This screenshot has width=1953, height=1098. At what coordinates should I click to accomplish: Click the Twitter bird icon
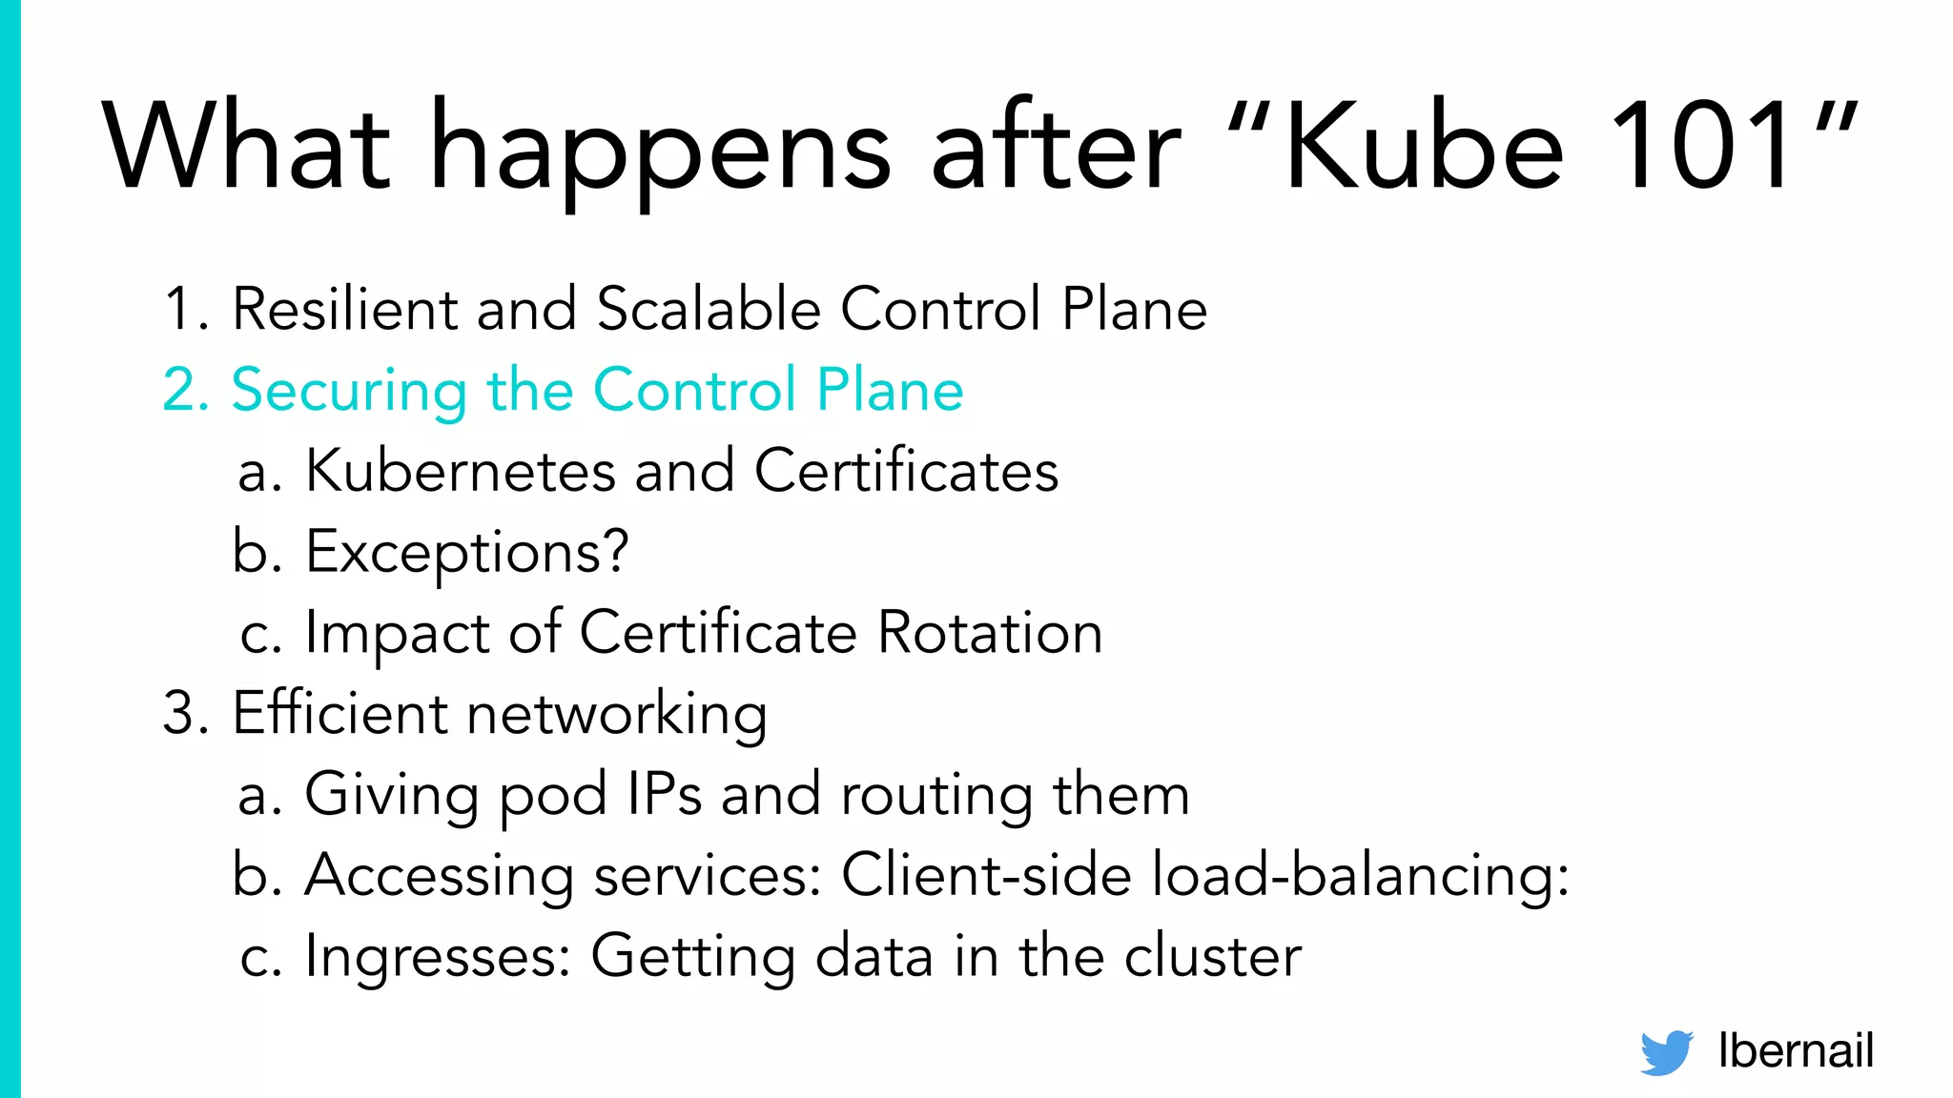1666,1052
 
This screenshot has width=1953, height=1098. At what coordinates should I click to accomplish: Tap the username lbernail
1795,1050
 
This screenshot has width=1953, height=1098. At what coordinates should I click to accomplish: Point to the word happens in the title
660,152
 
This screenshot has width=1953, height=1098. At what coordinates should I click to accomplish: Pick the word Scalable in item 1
709,309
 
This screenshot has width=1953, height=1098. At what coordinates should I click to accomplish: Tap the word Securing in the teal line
349,391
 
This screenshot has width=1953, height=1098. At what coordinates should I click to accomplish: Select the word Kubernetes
461,471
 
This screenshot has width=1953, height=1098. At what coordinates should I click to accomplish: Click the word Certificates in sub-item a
906,471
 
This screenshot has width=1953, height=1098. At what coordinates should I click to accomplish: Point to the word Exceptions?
467,553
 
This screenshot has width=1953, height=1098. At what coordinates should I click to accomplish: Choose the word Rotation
990,633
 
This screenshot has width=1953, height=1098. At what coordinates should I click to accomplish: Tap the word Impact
397,635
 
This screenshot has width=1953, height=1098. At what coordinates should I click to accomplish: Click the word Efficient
339,713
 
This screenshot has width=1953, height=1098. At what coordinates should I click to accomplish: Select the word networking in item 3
617,715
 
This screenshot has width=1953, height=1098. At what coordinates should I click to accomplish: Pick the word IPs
665,794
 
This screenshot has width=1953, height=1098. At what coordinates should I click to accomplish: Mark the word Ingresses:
437,957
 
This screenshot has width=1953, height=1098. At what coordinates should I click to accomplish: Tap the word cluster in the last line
1212,956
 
